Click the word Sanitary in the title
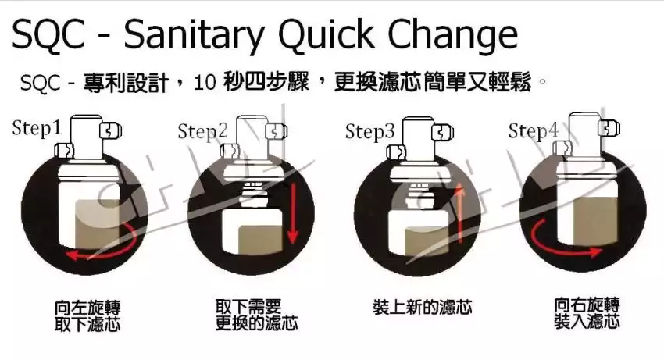(x=194, y=36)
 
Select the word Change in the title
(x=452, y=36)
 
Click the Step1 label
(x=37, y=128)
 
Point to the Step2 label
(x=202, y=131)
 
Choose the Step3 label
(x=369, y=131)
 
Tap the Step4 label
(x=533, y=131)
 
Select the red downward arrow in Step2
(x=293, y=213)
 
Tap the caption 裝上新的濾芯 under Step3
(x=423, y=307)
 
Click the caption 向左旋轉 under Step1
(x=87, y=308)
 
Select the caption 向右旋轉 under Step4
(x=587, y=305)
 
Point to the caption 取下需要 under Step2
(x=248, y=307)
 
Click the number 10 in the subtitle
(x=205, y=82)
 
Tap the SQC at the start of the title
(x=48, y=35)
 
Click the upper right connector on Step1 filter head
(x=110, y=130)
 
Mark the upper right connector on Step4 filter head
(x=609, y=128)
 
